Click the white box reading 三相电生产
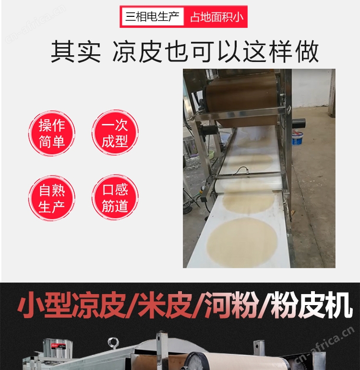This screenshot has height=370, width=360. tap(152, 16)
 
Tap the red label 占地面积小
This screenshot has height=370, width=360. tap(216, 17)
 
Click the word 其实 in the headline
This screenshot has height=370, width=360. tap(76, 51)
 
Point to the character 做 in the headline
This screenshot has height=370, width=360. tap(307, 51)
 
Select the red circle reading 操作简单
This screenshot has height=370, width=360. tap(52, 133)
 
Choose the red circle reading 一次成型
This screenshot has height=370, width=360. tap(115, 132)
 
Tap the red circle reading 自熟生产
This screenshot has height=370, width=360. tap(52, 198)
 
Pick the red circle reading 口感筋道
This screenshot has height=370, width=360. tap(115, 197)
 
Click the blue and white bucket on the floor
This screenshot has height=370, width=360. tap(298, 138)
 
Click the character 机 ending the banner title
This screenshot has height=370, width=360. tap(338, 305)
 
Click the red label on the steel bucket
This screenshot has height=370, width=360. tap(55, 346)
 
